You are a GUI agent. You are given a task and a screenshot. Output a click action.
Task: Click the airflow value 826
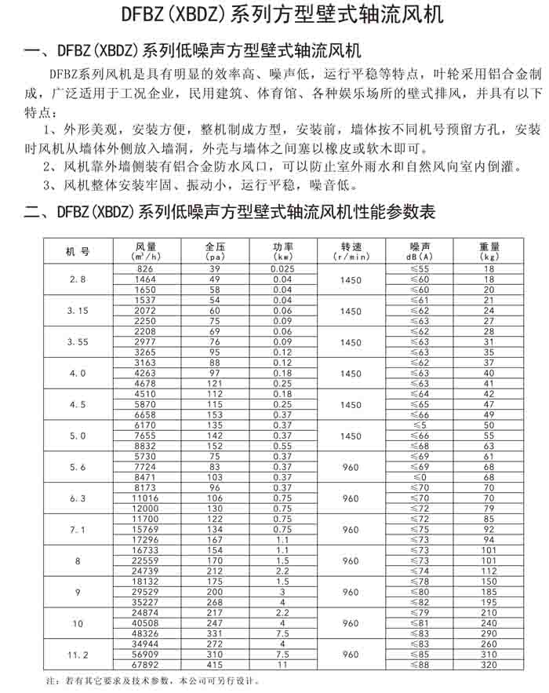click(x=146, y=269)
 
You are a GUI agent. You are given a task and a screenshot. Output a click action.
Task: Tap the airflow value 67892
click(x=146, y=664)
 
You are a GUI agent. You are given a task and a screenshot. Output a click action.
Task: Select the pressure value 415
click(x=214, y=664)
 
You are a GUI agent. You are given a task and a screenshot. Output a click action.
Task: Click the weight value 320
click(x=489, y=664)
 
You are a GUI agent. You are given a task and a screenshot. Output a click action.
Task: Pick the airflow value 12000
click(x=146, y=509)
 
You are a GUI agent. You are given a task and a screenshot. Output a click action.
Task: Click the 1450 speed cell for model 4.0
click(x=351, y=374)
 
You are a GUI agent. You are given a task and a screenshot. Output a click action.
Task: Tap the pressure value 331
click(x=214, y=633)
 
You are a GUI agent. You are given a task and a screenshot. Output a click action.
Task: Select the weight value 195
click(x=489, y=602)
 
